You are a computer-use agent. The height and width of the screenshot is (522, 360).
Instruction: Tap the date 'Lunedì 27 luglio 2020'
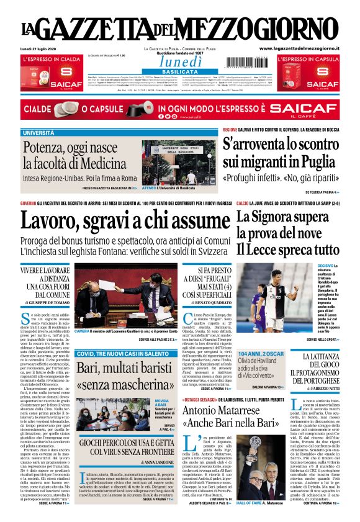[x=38, y=49]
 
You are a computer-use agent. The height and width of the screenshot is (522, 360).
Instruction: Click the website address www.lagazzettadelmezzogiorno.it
[x=299, y=48]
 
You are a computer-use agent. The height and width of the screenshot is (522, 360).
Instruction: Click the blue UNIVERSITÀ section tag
[x=38, y=133]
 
